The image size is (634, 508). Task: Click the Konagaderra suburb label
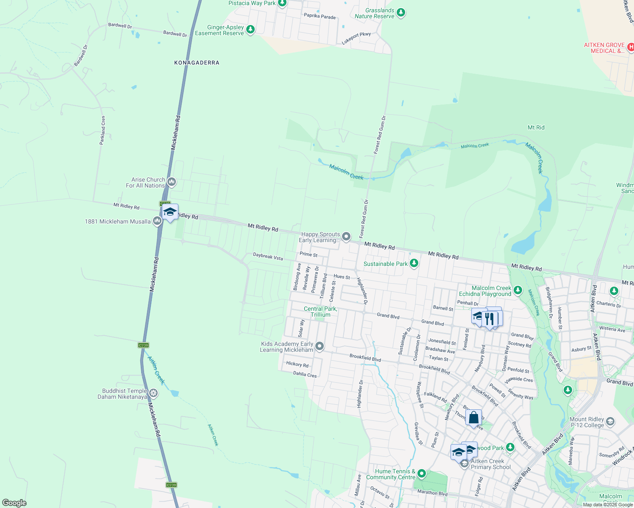pyautogui.click(x=197, y=63)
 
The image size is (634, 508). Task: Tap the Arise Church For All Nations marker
pyautogui.click(x=172, y=182)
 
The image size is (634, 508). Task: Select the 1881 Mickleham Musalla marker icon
pyautogui.click(x=157, y=221)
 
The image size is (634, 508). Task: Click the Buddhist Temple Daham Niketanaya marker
pyautogui.click(x=153, y=394)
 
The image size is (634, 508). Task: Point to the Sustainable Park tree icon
pyautogui.click(x=414, y=263)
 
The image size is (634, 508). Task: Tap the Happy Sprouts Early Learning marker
pyautogui.click(x=346, y=237)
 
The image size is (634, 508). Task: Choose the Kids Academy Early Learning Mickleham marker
pyautogui.click(x=320, y=347)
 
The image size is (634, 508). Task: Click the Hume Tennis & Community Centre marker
pyautogui.click(x=421, y=473)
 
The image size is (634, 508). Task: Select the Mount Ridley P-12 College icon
pyautogui.click(x=610, y=422)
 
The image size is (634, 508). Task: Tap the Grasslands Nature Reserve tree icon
pyautogui.click(x=401, y=13)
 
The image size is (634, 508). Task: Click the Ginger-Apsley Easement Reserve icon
pyautogui.click(x=250, y=30)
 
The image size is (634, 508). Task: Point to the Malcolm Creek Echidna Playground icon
pyautogui.click(x=517, y=290)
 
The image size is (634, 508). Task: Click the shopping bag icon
pyautogui.click(x=473, y=418)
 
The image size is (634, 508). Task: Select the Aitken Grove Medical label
pyautogui.click(x=604, y=48)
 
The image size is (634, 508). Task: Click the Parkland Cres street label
pyautogui.click(x=103, y=130)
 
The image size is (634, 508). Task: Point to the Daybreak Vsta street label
pyautogui.click(x=268, y=257)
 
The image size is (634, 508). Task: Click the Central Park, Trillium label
pyautogui.click(x=320, y=312)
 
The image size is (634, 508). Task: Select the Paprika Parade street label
pyautogui.click(x=320, y=17)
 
